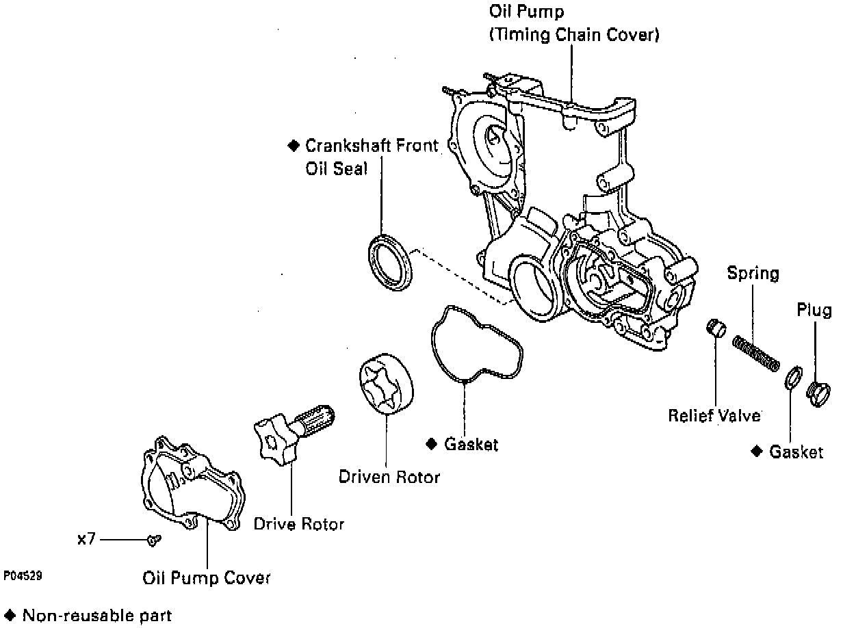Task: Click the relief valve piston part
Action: [716, 328]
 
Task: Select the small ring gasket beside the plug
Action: [792, 378]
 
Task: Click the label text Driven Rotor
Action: [389, 477]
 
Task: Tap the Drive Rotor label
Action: [299, 525]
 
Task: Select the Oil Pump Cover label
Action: [207, 578]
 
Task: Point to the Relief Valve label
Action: [714, 415]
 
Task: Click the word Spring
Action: [753, 274]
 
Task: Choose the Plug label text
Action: [814, 310]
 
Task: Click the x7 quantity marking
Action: [86, 540]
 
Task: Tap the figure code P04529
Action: [23, 577]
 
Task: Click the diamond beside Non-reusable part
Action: [10, 615]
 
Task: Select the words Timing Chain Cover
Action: [573, 35]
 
